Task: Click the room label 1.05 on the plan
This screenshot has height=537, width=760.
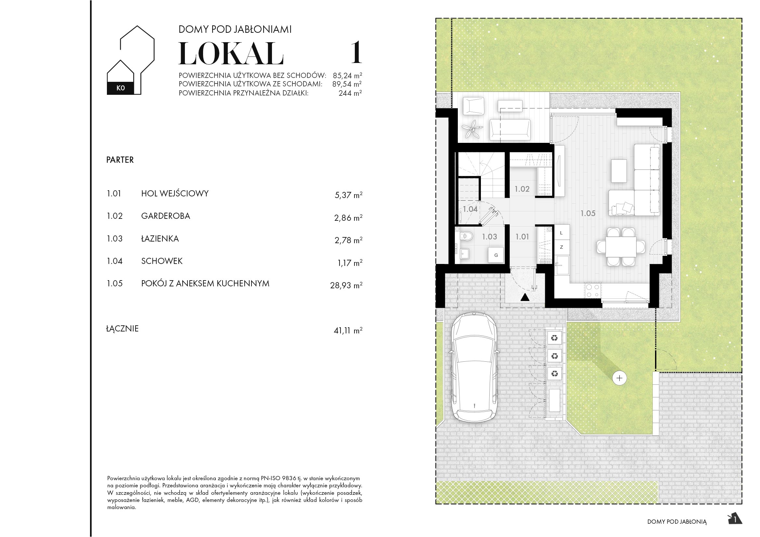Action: pos(588,214)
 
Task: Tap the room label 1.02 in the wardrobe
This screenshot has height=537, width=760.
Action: pos(522,189)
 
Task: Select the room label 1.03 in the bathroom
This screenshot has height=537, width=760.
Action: pos(489,237)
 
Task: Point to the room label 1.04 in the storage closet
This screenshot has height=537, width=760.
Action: pos(470,209)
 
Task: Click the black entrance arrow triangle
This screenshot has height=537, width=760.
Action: pos(525,297)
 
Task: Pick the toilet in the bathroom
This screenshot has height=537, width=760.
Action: pos(467,236)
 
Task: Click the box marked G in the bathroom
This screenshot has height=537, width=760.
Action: pos(496,255)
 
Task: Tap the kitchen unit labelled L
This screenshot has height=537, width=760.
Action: pos(561,233)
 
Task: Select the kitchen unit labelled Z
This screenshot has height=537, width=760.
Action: pos(561,247)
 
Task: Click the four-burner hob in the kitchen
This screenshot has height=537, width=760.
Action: pos(593,291)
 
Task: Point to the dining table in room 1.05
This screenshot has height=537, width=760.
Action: pos(621,247)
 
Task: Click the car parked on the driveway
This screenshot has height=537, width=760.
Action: pos(474,367)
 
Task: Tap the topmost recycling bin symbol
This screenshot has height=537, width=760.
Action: pos(554,338)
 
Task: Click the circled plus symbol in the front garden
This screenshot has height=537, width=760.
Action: pos(619,378)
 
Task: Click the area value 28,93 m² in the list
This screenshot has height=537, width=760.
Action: pos(346,285)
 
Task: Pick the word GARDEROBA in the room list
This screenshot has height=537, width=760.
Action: pos(165,216)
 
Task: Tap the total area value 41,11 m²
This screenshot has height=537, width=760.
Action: pos(348,330)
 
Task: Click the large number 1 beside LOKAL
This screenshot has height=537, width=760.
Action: pos(356,53)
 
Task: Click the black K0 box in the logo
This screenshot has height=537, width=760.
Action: pos(121,88)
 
